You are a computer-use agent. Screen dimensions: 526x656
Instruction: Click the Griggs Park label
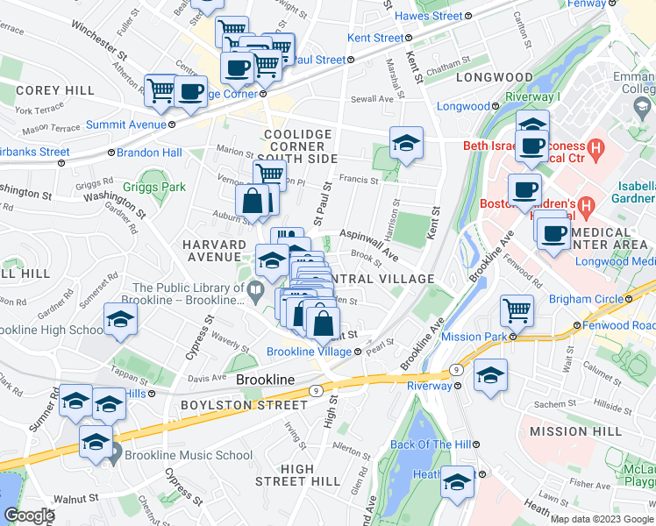point(154,187)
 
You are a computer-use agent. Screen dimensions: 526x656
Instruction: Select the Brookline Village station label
point(309,352)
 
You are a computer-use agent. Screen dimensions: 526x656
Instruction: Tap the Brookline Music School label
point(188,455)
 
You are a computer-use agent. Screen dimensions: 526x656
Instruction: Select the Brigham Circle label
point(586,299)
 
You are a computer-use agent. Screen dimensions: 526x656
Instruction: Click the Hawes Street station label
point(429,17)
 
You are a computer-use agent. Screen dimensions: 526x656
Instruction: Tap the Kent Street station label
point(375,39)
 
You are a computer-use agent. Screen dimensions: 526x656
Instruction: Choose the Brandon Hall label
point(154,152)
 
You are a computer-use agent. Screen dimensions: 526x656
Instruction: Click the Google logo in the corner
point(29,516)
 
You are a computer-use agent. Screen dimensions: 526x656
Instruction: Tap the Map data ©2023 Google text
point(601,519)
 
